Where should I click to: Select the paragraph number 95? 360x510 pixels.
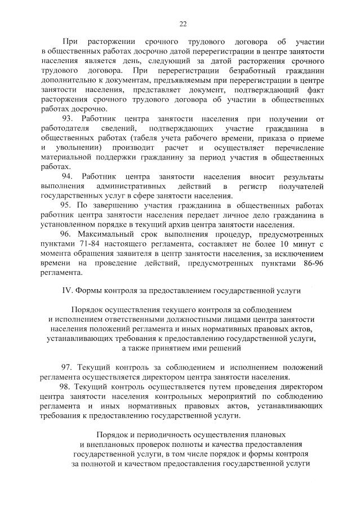(x=66, y=206)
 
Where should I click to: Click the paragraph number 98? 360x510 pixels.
(x=65, y=387)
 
